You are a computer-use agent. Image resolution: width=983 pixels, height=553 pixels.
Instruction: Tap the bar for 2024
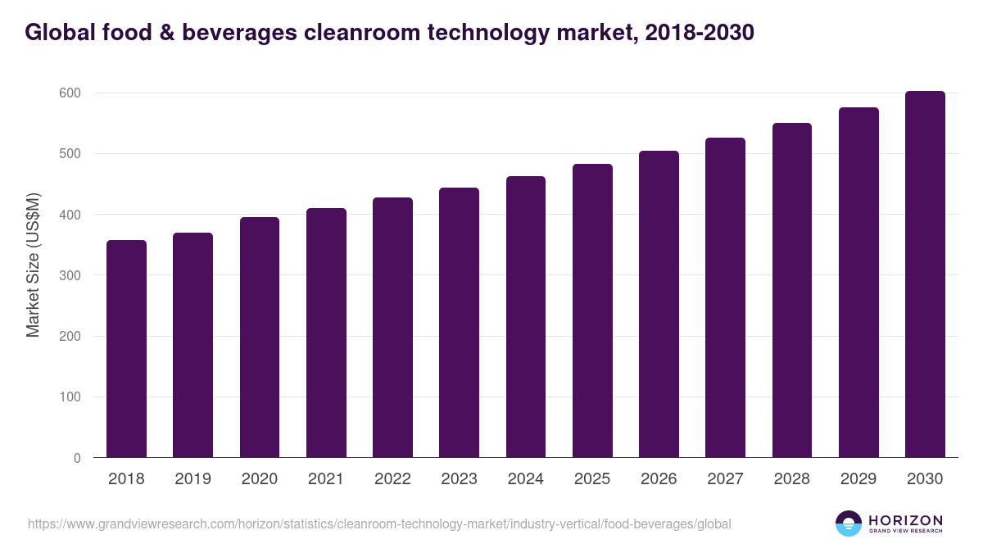tap(526, 317)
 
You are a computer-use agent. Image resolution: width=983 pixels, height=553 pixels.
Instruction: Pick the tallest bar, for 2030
tap(925, 274)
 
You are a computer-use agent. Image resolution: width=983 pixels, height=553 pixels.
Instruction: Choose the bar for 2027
tap(725, 297)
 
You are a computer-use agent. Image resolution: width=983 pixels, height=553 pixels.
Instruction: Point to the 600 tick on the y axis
tap(70, 93)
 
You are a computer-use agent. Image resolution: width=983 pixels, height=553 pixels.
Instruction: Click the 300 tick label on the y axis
tap(70, 275)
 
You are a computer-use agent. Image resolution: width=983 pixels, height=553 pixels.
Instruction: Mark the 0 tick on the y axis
tap(77, 458)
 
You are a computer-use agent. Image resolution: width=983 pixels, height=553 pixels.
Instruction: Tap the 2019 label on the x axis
tap(193, 479)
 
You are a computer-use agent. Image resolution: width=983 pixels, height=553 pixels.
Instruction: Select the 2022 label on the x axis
tap(392, 479)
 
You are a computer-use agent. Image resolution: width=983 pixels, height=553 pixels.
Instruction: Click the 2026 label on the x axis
tap(659, 479)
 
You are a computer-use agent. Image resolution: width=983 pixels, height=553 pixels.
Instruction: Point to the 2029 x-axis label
tap(858, 479)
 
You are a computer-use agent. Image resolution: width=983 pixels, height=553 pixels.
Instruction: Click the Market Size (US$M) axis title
tap(33, 265)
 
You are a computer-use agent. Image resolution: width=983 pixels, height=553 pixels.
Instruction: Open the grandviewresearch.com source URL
tap(379, 524)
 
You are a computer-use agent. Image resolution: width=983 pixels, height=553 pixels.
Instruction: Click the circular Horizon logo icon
tap(849, 524)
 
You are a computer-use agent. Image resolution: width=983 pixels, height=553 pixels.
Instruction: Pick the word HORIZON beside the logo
tap(905, 520)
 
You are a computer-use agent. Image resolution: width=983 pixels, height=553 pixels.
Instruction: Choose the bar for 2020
tap(260, 338)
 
